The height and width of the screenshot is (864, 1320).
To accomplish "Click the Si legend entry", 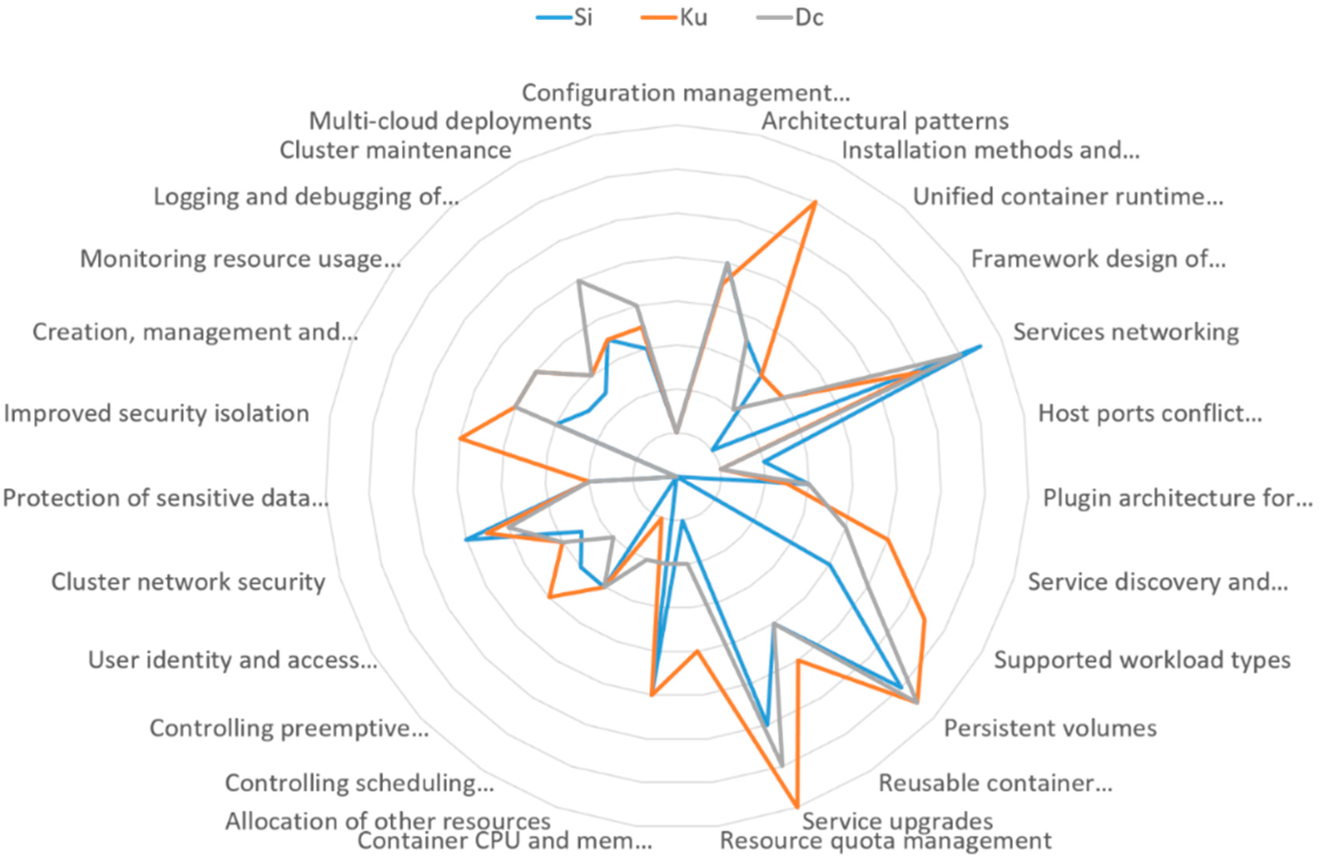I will coord(582,18).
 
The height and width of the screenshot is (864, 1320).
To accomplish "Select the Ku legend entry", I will coord(693,18).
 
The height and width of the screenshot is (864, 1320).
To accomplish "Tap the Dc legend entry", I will coord(808,18).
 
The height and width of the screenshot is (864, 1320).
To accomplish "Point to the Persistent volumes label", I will coord(1050,728).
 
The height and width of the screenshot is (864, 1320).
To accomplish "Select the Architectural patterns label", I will coord(885,121).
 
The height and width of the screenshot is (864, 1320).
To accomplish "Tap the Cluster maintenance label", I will coord(395,150).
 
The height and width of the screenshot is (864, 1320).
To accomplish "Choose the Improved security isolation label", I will coord(156,414).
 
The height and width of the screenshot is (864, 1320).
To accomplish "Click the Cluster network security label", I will coord(188,582).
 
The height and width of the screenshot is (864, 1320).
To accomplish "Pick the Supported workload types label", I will coord(1142,660).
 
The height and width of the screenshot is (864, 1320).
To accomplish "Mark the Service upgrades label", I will coord(897,821).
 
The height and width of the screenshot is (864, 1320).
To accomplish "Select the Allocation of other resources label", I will coord(388,821).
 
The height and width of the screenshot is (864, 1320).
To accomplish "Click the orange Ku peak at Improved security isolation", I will coord(459,438).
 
